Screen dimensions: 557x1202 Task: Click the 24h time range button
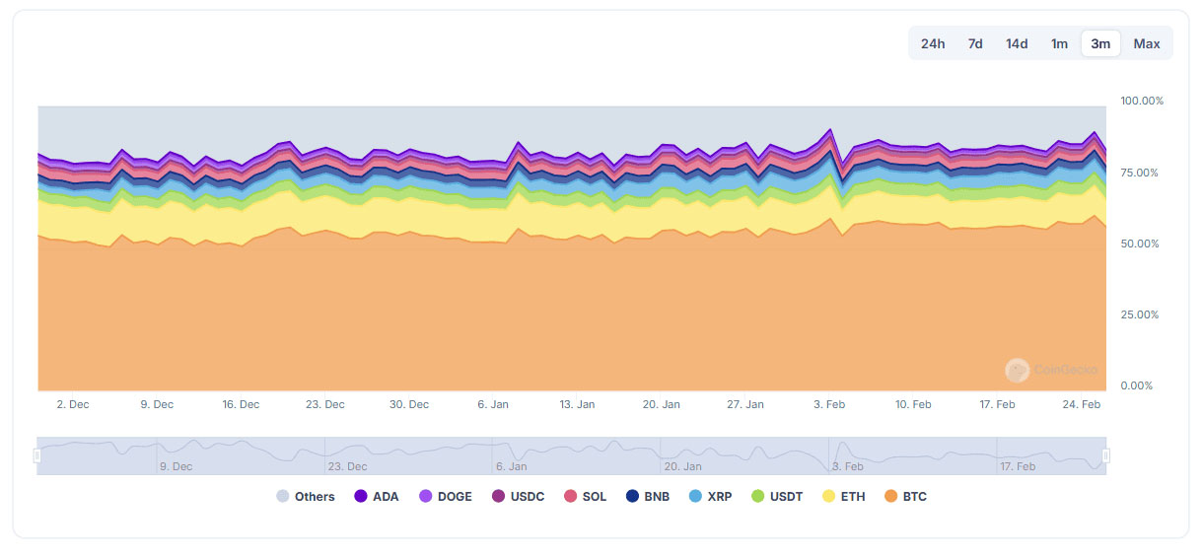(x=933, y=43)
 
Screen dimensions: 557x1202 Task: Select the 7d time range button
(x=975, y=43)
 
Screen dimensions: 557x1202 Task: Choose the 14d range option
(x=1017, y=43)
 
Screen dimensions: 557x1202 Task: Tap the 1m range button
(x=1059, y=43)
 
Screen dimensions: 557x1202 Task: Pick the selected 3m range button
(x=1100, y=43)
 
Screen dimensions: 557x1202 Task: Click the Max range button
(x=1147, y=43)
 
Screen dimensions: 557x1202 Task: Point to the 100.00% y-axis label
(x=1142, y=101)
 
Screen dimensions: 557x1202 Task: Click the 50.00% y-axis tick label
(x=1142, y=244)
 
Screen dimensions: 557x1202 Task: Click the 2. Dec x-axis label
(x=73, y=404)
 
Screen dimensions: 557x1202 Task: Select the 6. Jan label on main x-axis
(x=493, y=404)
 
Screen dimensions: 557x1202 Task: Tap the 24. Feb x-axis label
(x=1082, y=404)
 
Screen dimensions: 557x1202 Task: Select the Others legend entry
(x=306, y=497)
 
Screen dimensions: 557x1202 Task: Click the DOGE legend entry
(x=446, y=497)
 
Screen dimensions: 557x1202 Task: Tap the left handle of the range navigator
(x=37, y=455)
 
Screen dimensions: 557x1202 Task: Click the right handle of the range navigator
(x=1105, y=455)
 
